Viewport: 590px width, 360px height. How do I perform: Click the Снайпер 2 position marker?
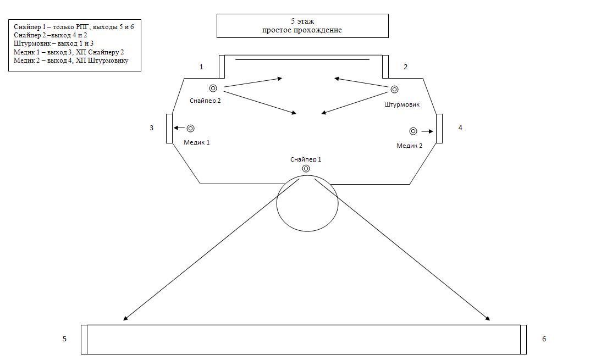(x=213, y=88)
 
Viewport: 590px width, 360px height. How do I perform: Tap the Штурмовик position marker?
(x=394, y=90)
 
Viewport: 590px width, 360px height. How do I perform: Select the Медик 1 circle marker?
(x=190, y=128)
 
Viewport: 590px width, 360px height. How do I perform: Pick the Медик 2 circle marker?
(x=413, y=131)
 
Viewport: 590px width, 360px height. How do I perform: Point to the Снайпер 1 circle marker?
(x=306, y=169)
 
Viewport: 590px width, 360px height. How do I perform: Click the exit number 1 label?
(x=201, y=67)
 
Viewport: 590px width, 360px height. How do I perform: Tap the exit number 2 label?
(x=406, y=67)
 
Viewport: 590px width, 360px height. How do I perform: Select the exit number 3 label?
(x=152, y=128)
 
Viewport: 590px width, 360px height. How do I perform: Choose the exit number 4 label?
(x=460, y=128)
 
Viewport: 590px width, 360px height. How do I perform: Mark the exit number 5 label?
(x=64, y=339)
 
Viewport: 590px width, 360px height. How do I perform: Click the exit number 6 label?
(x=544, y=339)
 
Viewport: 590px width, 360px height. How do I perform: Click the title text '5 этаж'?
(x=302, y=21)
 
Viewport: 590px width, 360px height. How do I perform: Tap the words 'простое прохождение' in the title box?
(x=302, y=30)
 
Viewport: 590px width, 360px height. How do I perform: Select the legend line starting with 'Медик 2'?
(x=71, y=60)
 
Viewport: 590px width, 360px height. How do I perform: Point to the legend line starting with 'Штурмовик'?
(x=53, y=43)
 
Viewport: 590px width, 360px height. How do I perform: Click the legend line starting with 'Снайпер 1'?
(x=74, y=26)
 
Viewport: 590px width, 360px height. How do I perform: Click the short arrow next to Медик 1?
(x=178, y=128)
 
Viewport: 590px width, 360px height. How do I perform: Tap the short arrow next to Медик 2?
(x=428, y=131)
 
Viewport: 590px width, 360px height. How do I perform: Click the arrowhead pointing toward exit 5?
(x=126, y=318)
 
